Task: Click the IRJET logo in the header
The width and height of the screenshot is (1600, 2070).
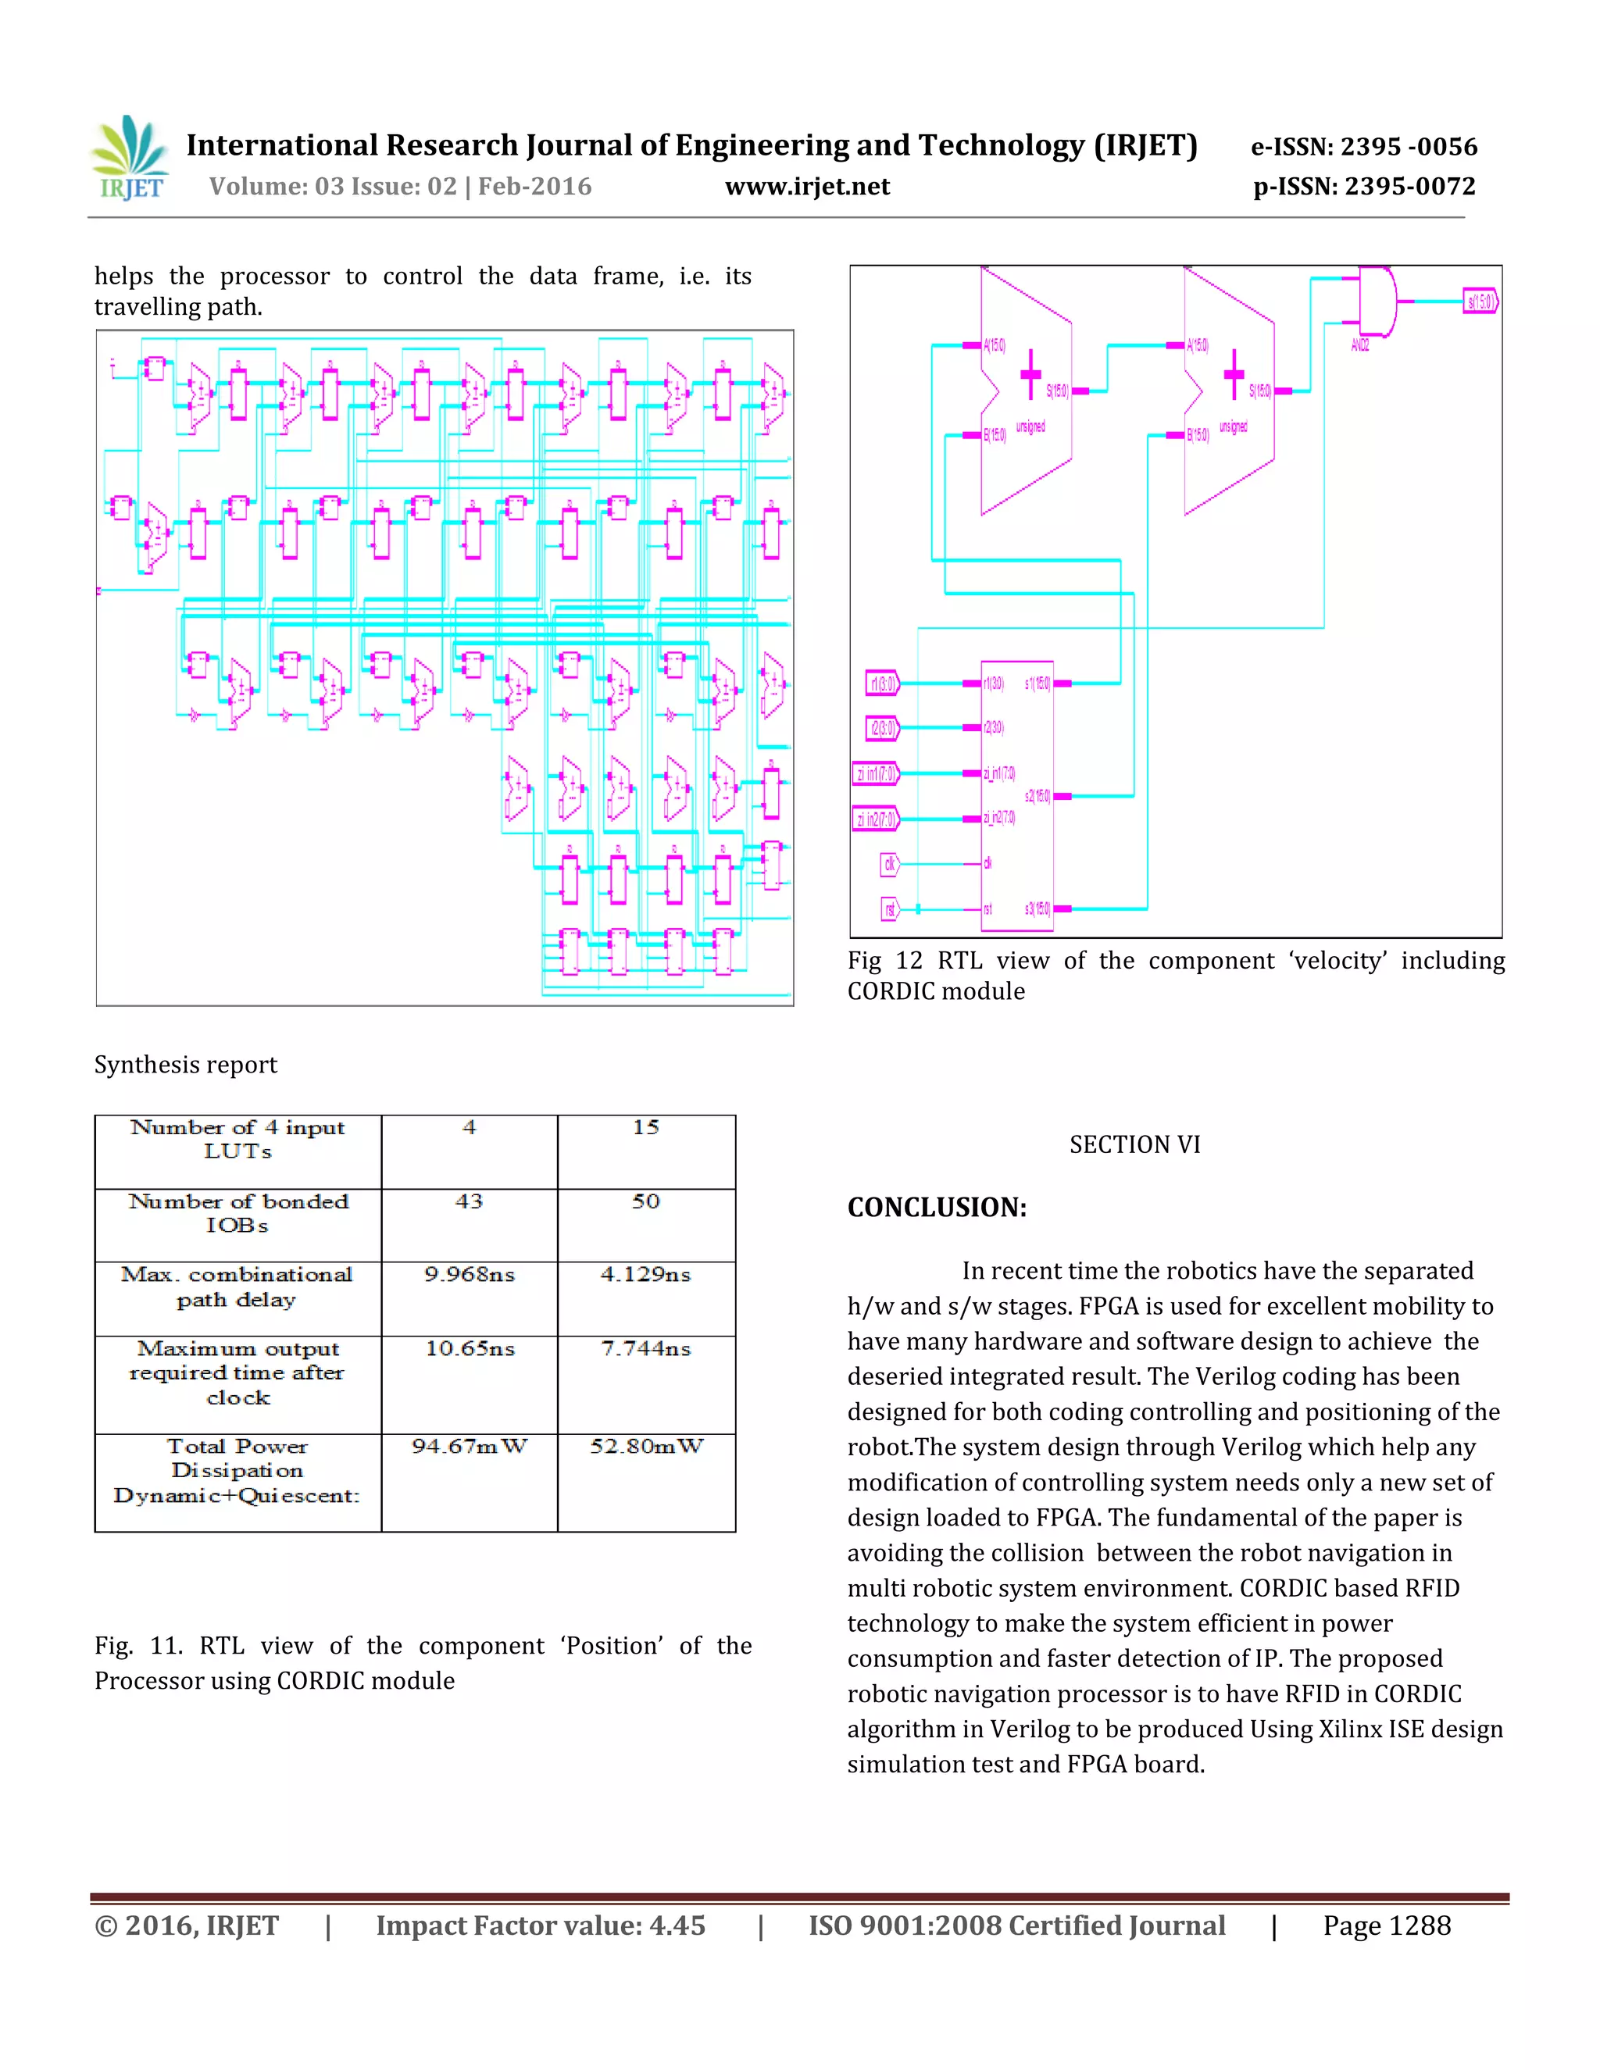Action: [130, 159]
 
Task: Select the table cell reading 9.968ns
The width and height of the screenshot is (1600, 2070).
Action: [470, 1275]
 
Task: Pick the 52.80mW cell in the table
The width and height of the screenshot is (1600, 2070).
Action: [646, 1447]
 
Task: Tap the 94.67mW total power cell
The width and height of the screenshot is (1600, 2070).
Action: [470, 1447]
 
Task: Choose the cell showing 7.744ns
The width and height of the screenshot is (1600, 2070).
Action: [646, 1349]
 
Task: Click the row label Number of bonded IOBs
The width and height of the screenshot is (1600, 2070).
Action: [238, 1213]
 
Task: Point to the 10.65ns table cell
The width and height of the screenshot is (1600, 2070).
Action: [470, 1349]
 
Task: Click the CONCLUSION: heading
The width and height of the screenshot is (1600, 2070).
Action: [937, 1208]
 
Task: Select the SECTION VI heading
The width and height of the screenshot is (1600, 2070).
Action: [1134, 1145]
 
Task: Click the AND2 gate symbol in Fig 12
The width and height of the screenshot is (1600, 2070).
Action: [1377, 302]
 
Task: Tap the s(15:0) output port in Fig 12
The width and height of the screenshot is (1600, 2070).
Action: [1480, 302]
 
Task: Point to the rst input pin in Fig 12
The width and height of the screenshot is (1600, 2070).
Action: [890, 909]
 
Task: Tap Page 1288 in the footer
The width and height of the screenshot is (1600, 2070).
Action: [1387, 1926]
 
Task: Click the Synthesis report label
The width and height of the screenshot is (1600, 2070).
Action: [186, 1065]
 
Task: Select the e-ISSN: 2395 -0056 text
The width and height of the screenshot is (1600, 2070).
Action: [1364, 147]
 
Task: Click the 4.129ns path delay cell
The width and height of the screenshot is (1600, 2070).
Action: [646, 1275]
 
